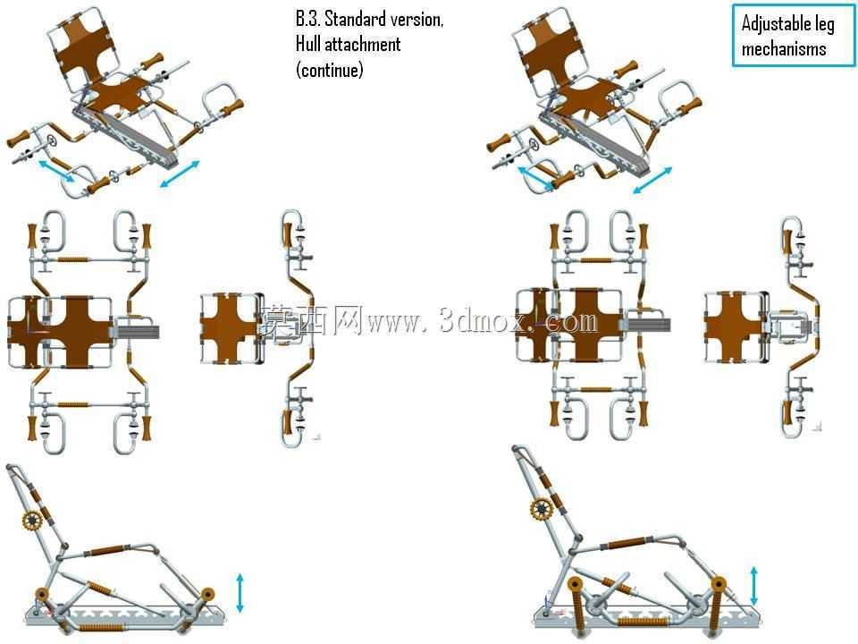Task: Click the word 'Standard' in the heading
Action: [x=354, y=19]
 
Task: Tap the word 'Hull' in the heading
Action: [x=308, y=44]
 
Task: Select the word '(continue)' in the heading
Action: [x=330, y=70]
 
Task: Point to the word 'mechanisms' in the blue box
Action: [x=784, y=48]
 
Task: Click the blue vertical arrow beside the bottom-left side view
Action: [x=240, y=593]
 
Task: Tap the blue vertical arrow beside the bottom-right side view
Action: [x=754, y=586]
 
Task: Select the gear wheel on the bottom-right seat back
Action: [x=542, y=511]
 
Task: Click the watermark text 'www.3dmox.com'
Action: [x=483, y=320]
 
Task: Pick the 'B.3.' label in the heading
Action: [x=308, y=19]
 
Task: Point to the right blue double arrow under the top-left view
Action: [x=180, y=174]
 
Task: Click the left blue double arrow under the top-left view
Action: [x=55, y=170]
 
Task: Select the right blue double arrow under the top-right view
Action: [x=652, y=180]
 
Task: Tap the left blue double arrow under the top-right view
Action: [x=535, y=179]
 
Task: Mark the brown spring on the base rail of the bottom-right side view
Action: [x=643, y=622]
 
